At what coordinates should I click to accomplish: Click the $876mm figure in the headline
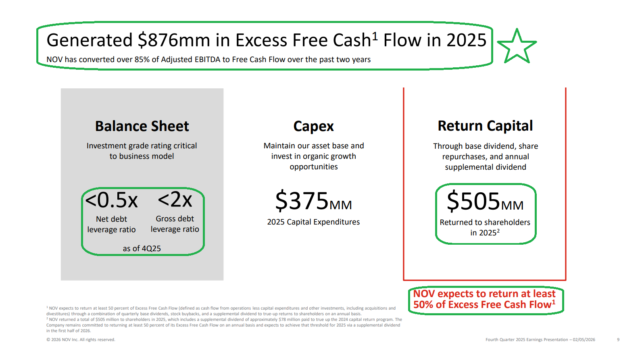174,40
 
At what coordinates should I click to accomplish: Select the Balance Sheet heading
142,126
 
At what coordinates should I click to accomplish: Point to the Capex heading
314,127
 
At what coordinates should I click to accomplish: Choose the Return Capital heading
485,126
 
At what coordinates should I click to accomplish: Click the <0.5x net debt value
111,200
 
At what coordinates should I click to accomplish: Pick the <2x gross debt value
175,200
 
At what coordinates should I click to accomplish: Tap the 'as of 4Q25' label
142,248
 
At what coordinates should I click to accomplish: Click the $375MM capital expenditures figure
313,201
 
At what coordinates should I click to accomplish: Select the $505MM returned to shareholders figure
485,201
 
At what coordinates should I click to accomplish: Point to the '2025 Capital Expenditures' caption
313,222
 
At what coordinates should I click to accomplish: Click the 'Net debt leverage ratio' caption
111,224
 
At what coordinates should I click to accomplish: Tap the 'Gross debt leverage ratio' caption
175,224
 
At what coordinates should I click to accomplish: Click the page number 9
618,340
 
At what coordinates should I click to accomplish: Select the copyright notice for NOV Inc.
81,340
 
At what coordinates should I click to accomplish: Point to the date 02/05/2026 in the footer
584,340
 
